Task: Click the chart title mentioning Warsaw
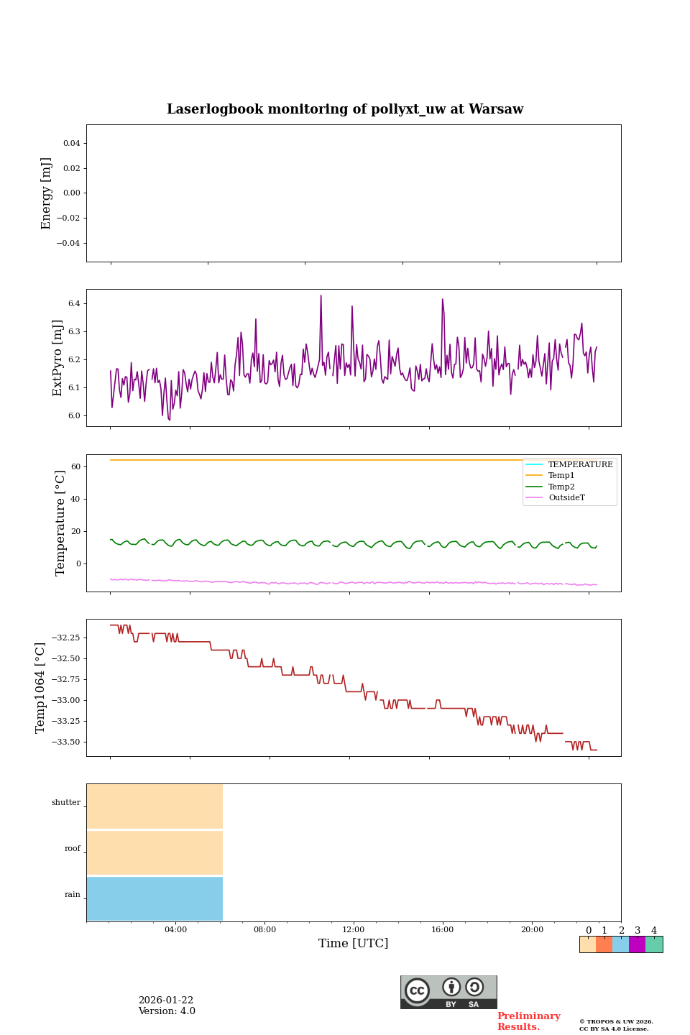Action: (345, 109)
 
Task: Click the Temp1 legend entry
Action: (561, 476)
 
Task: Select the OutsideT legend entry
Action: (566, 497)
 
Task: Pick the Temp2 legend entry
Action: (561, 487)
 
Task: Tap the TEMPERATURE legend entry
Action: (580, 465)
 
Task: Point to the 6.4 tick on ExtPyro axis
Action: (74, 304)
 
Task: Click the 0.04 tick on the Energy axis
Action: (71, 144)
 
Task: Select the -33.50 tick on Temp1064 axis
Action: (63, 742)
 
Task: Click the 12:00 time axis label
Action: (354, 930)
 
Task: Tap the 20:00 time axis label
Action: (532, 930)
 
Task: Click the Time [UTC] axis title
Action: (354, 944)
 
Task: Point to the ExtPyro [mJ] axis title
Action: (58, 358)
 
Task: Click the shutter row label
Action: (66, 803)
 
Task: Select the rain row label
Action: (73, 895)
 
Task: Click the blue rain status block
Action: (155, 898)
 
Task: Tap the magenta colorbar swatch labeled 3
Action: (637, 944)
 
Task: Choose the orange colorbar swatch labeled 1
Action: (604, 944)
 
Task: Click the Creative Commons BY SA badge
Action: (448, 992)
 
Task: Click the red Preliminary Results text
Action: (528, 1021)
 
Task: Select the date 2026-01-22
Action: (166, 1000)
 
